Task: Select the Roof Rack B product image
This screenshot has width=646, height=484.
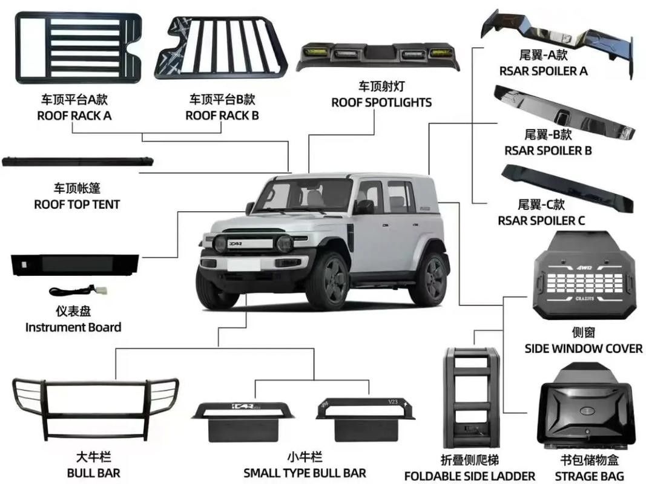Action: click(221, 48)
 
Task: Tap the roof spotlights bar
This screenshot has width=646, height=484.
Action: click(378, 56)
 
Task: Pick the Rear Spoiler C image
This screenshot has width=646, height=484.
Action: click(567, 188)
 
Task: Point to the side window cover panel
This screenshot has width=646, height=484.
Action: click(584, 276)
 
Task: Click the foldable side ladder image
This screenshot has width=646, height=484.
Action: click(471, 397)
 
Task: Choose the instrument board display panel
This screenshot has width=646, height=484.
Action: click(74, 264)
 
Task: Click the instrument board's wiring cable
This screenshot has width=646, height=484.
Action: click(78, 290)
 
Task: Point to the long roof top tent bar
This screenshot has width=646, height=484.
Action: click(77, 162)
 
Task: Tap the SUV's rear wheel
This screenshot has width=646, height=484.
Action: click(429, 280)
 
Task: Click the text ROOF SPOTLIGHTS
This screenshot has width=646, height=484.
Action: click(381, 102)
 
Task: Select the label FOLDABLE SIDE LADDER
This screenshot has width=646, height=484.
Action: click(470, 476)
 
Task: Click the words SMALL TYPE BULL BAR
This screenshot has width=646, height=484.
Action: click(305, 473)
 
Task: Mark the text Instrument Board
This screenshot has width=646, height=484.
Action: click(73, 327)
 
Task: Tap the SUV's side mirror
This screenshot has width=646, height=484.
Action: click(249, 208)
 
